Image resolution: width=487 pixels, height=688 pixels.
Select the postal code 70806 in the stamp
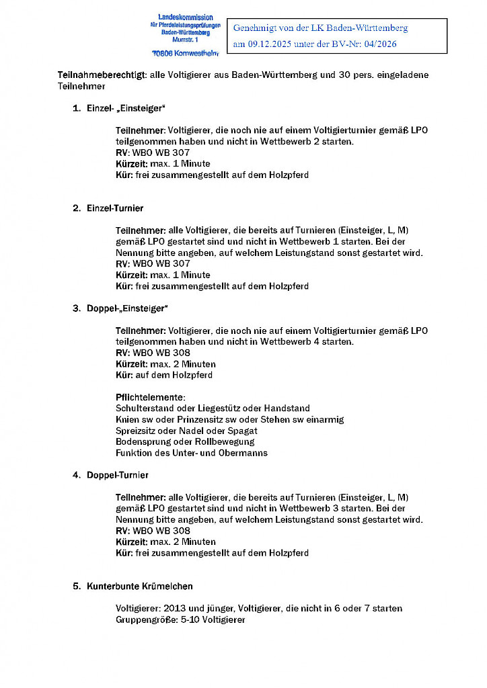click(x=163, y=52)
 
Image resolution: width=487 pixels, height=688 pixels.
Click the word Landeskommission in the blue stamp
click(x=185, y=17)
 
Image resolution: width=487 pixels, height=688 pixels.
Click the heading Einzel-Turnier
click(x=115, y=208)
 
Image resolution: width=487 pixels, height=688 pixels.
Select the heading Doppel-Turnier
click(x=118, y=475)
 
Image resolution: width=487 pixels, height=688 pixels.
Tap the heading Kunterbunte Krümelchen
click(x=140, y=586)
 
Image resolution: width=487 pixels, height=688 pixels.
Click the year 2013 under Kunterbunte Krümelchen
click(x=174, y=608)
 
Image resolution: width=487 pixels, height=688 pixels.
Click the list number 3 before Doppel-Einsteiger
click(x=76, y=308)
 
